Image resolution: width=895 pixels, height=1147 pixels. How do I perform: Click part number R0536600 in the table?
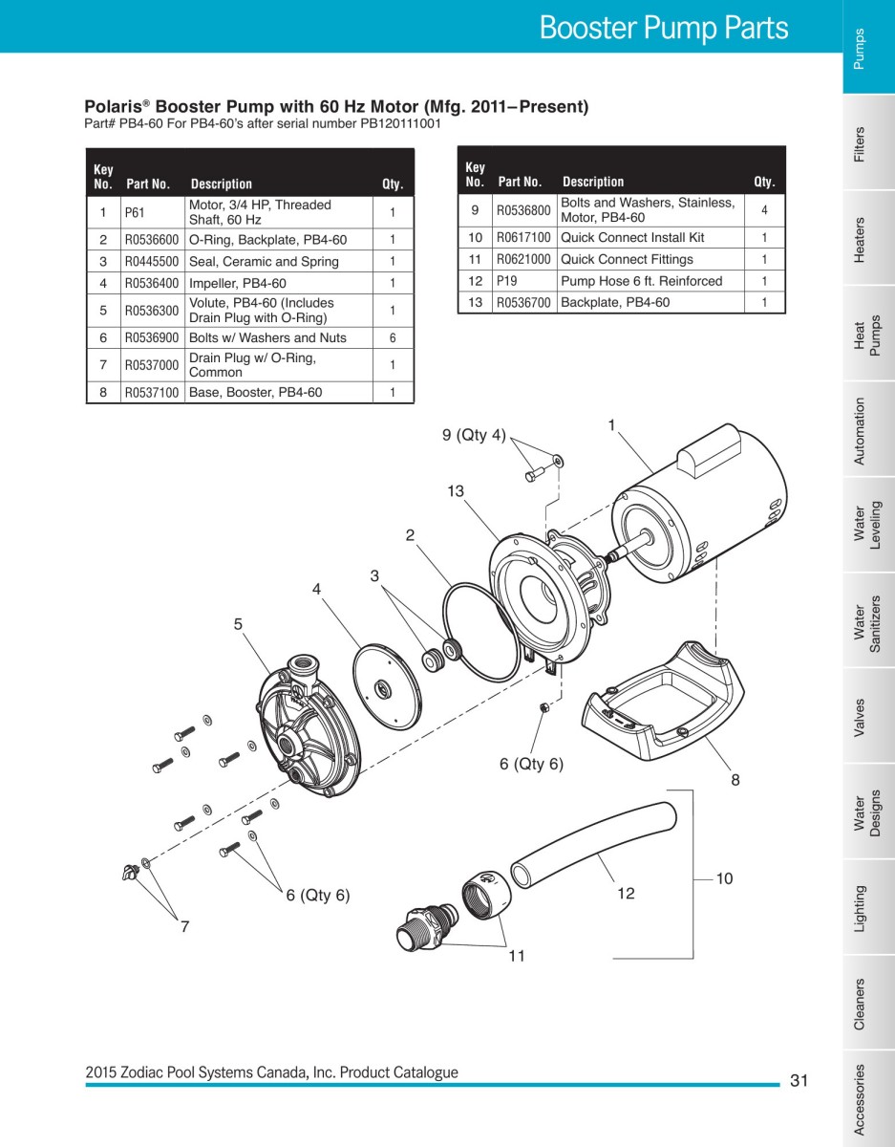coord(151,239)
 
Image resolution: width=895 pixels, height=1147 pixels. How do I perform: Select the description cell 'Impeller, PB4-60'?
coord(237,283)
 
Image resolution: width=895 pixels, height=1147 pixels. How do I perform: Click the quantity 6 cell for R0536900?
coord(392,337)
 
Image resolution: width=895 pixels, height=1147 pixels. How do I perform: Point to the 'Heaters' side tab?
coord(860,239)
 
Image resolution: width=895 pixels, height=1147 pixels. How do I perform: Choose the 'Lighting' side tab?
coord(860,908)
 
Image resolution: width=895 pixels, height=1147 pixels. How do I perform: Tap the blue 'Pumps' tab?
coord(860,48)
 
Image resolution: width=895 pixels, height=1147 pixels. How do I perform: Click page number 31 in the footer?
coord(799,1081)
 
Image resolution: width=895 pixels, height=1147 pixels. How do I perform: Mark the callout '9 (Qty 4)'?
coord(474,436)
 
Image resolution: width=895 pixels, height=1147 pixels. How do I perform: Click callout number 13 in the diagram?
coord(455,491)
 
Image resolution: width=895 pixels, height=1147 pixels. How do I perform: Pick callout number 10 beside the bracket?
coord(724,877)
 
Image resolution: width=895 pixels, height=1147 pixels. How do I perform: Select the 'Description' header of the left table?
coord(221,184)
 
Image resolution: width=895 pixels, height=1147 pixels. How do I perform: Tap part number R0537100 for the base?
coord(151,392)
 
